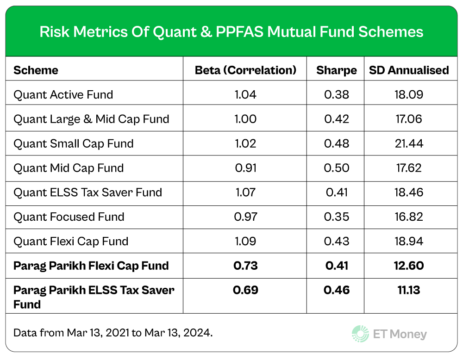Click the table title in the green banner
231,31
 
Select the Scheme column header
36,70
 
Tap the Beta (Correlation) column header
245,70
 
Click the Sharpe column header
337,70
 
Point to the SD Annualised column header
409,70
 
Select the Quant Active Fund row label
63,95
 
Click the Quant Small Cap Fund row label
74,143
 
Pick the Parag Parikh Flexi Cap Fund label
91,266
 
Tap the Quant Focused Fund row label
69,217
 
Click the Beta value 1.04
245,95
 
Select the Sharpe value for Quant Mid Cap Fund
337,168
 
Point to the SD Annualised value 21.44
409,143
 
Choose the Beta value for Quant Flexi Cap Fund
245,241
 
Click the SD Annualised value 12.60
409,266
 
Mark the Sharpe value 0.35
337,217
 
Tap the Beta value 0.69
245,290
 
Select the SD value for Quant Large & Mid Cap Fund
409,119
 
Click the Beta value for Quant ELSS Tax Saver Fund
245,192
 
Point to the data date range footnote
113,333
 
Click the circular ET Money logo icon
360,334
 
